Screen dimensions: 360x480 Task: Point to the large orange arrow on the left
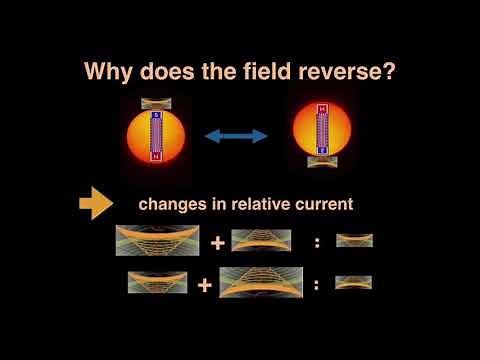coord(96,204)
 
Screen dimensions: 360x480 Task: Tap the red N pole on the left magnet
coord(156,155)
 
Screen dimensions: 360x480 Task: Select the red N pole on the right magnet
coord(322,109)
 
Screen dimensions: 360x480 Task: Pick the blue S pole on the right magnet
coord(322,148)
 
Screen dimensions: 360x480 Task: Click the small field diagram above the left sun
coord(157,103)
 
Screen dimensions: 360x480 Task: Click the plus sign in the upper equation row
coord(216,242)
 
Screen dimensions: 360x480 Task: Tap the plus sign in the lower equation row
coord(205,285)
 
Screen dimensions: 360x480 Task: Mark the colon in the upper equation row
coord(316,242)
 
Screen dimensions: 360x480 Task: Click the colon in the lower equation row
coord(316,285)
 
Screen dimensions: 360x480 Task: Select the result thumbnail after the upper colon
coord(354,240)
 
